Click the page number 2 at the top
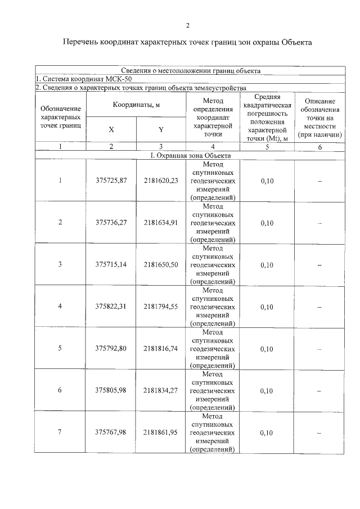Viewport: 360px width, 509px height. (x=188, y=25)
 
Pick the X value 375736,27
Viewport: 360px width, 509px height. (x=111, y=222)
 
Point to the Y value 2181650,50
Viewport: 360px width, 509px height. (x=161, y=264)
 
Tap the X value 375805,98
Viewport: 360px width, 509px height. (x=111, y=390)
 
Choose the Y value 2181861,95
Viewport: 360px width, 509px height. (x=161, y=433)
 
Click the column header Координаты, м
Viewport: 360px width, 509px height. (x=136, y=105)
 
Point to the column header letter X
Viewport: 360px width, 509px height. (x=111, y=129)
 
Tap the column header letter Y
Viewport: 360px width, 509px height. (x=161, y=129)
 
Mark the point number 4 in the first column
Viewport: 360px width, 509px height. (x=60, y=307)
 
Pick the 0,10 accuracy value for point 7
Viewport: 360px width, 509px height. (x=267, y=433)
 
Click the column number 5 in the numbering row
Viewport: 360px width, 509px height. (x=267, y=147)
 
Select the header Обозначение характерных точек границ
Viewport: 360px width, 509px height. (x=61, y=116)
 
